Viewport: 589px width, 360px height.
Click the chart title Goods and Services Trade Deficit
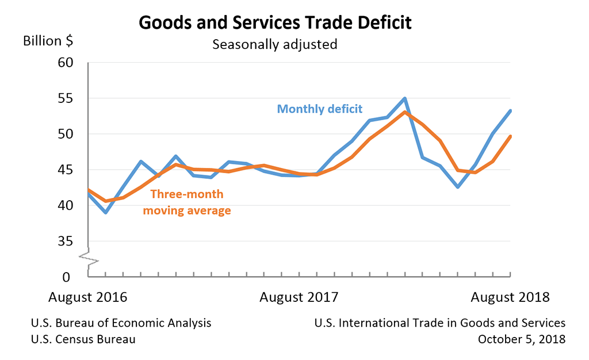[275, 23]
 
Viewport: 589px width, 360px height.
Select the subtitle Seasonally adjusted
[274, 44]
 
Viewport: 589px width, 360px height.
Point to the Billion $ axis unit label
[48, 41]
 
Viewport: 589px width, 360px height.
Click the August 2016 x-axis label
[87, 297]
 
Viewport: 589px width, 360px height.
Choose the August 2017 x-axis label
[299, 297]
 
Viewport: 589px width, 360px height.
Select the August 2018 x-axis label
[510, 297]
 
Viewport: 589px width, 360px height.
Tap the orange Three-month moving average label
[187, 202]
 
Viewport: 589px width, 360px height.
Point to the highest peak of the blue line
[405, 98]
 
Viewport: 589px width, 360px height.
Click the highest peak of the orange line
[405, 112]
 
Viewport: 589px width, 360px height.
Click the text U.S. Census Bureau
[83, 339]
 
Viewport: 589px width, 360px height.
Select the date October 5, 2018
[522, 339]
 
